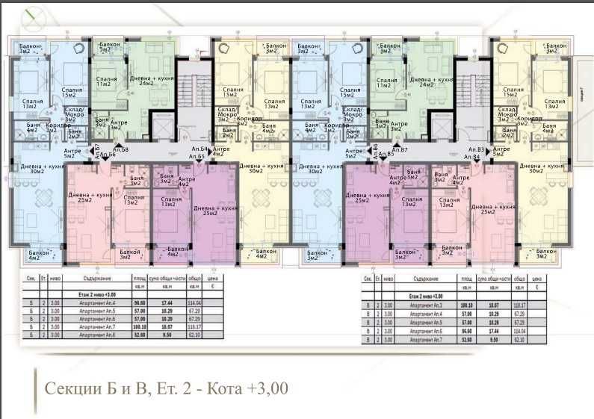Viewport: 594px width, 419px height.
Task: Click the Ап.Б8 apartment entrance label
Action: click(x=121, y=150)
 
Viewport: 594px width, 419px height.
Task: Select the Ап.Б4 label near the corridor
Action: click(x=199, y=149)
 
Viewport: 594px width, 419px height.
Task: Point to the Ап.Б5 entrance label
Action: click(x=197, y=158)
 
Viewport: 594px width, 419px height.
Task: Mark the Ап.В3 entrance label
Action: click(x=476, y=149)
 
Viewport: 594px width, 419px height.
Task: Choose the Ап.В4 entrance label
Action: click(x=472, y=158)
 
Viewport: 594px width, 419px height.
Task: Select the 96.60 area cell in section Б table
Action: click(x=140, y=302)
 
